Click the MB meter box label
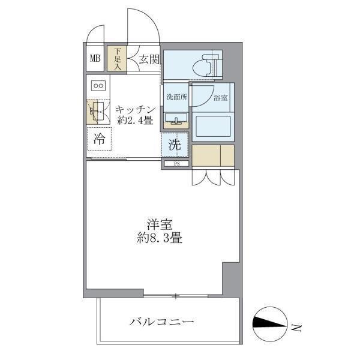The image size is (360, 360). pyautogui.click(x=95, y=58)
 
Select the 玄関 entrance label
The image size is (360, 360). pyautogui.click(x=149, y=59)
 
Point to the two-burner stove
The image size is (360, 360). pyautogui.click(x=98, y=85)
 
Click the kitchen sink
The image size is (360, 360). pyautogui.click(x=97, y=112)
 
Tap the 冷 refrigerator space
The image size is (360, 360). pyautogui.click(x=100, y=140)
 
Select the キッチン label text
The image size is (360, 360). pyautogui.click(x=136, y=109)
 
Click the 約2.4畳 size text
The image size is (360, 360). pyautogui.click(x=137, y=121)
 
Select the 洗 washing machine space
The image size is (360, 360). pyautogui.click(x=175, y=145)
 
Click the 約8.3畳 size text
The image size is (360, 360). pyautogui.click(x=159, y=237)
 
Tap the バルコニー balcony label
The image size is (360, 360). pyautogui.click(x=162, y=322)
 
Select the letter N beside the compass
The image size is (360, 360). pyautogui.click(x=295, y=327)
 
